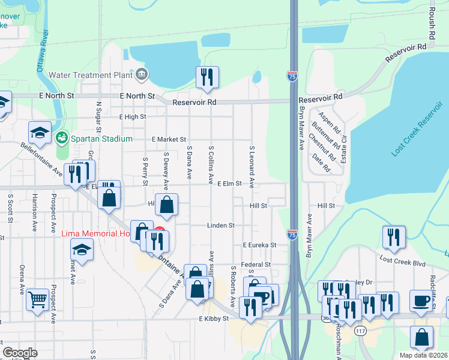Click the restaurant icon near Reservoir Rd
point(207,77)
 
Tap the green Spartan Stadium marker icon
point(61,139)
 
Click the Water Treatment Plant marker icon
point(142,75)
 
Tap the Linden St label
point(220,225)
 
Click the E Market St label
point(169,139)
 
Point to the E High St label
point(133,117)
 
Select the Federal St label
point(256,264)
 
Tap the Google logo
point(20,352)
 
